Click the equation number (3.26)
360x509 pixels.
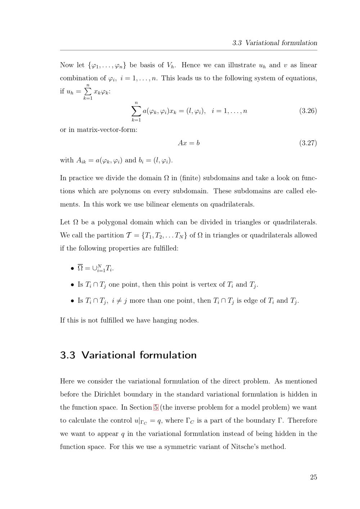[x=308, y=111]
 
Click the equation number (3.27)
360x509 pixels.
[x=308, y=143]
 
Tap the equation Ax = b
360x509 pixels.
[x=189, y=143]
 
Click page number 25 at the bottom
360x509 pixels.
[x=313, y=477]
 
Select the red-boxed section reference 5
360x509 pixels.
[x=156, y=408]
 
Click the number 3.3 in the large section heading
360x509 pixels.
[x=68, y=355]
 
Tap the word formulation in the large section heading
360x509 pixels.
[x=168, y=355]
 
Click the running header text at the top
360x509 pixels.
[x=275, y=43]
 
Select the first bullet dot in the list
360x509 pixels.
[x=72, y=268]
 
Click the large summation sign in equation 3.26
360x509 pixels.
[x=136, y=111]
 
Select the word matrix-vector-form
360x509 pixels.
[x=107, y=129]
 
